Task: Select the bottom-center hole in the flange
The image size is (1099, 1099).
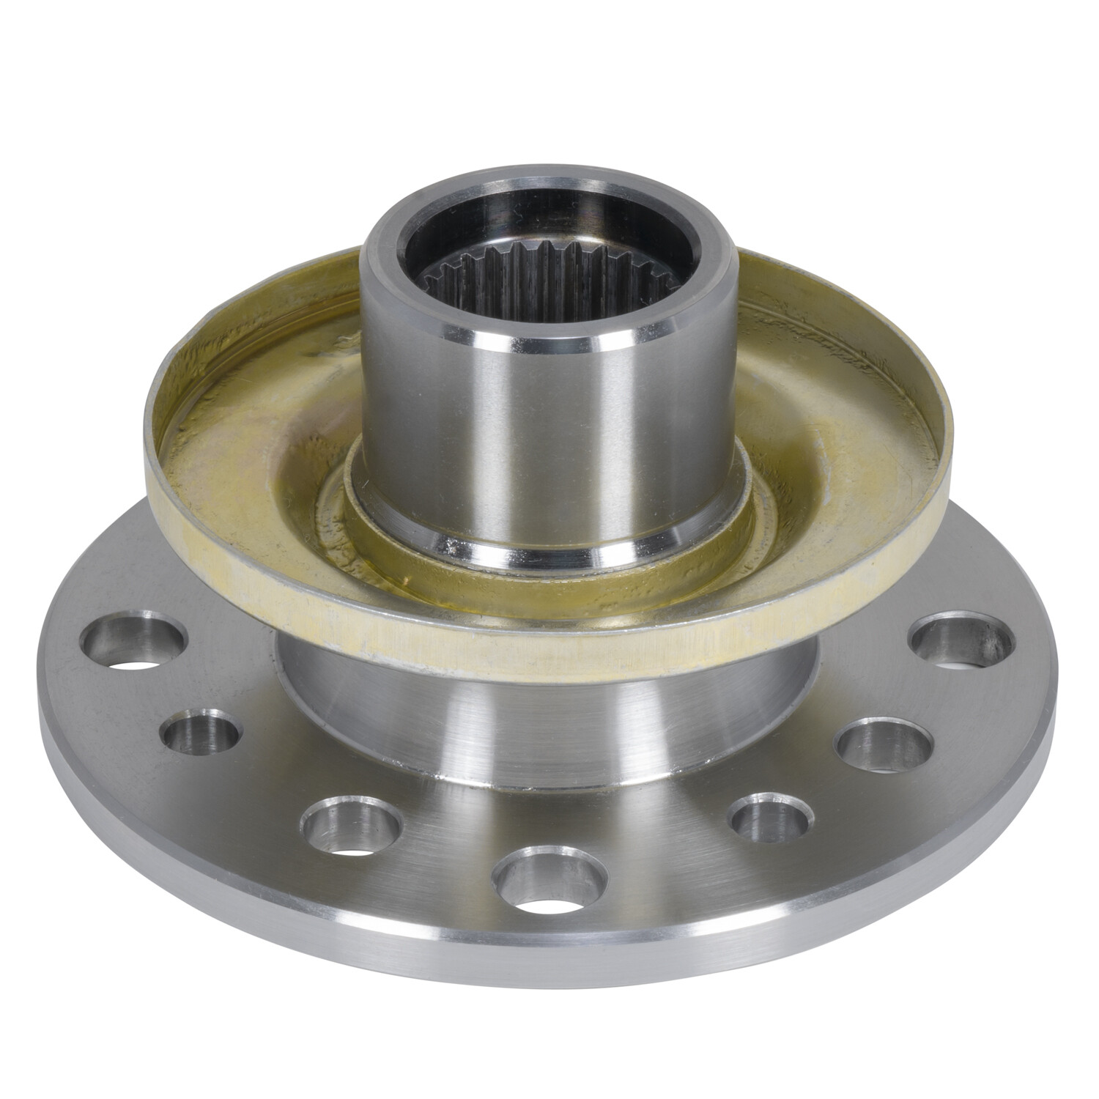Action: point(549,877)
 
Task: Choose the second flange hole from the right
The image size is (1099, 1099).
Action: point(884,744)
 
